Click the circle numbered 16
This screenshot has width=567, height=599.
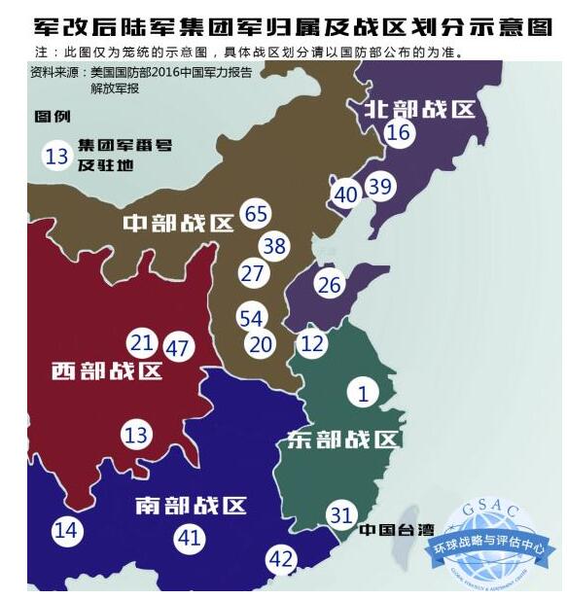[398, 134]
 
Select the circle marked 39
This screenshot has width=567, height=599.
[380, 187]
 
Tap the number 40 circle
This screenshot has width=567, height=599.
[345, 194]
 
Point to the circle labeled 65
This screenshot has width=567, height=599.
[257, 214]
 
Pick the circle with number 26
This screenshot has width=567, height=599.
[330, 285]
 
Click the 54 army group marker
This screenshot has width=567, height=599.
[251, 318]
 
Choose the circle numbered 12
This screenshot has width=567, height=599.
[311, 343]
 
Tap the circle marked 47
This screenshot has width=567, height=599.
[178, 347]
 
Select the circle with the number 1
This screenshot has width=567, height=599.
[363, 393]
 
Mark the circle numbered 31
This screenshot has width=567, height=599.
[340, 515]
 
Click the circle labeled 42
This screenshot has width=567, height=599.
[280, 559]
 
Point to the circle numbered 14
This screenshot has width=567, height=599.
[66, 531]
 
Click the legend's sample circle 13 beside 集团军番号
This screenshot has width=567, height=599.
[56, 156]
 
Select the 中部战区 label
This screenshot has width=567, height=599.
[178, 224]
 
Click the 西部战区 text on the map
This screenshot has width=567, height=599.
[107, 371]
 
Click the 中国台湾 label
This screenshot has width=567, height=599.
[394, 531]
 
